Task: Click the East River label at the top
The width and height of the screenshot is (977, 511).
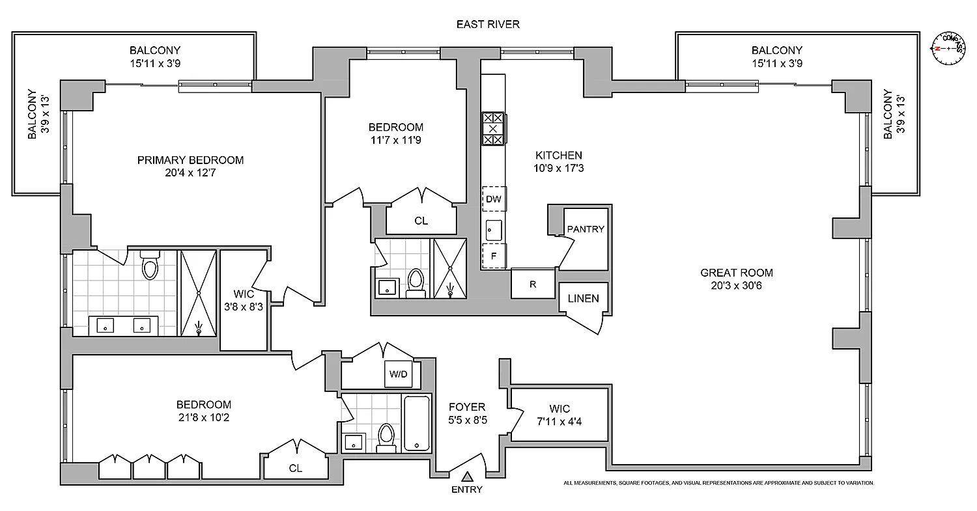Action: [488, 25]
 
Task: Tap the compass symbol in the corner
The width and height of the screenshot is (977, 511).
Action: [949, 49]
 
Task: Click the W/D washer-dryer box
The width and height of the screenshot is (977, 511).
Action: [397, 374]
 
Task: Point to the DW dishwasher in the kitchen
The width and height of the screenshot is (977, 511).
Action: [494, 199]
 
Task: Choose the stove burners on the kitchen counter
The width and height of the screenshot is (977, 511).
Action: [493, 128]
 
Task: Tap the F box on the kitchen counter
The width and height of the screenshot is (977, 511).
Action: [494, 256]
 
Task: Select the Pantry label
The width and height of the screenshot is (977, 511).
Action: [586, 229]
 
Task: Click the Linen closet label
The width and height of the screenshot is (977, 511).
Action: [583, 299]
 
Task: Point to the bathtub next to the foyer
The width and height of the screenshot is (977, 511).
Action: [416, 422]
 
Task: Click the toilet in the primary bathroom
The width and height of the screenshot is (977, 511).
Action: [150, 266]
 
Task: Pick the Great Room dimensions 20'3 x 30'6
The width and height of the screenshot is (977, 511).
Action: [737, 285]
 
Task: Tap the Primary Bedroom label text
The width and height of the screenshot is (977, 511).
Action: [190, 160]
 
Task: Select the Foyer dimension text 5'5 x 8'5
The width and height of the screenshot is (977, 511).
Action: [468, 420]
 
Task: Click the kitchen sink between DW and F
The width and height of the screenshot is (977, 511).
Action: [494, 229]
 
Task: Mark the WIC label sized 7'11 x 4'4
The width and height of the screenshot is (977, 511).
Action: [559, 409]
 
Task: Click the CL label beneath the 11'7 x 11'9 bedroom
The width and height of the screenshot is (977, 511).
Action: [421, 221]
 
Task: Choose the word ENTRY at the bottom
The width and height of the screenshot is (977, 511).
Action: [467, 490]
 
